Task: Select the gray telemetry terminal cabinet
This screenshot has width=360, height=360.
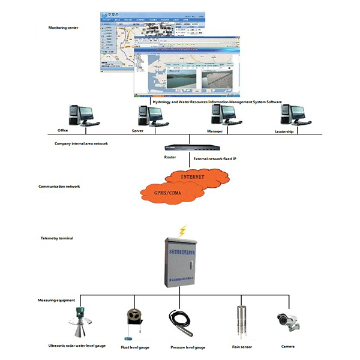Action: (x=182, y=263)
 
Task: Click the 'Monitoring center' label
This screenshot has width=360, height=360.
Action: (x=64, y=28)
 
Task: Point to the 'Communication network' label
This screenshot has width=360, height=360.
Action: (x=59, y=187)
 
